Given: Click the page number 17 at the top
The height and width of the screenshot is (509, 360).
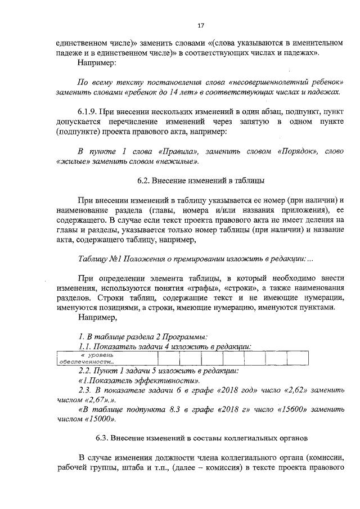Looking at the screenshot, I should pos(200,25).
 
